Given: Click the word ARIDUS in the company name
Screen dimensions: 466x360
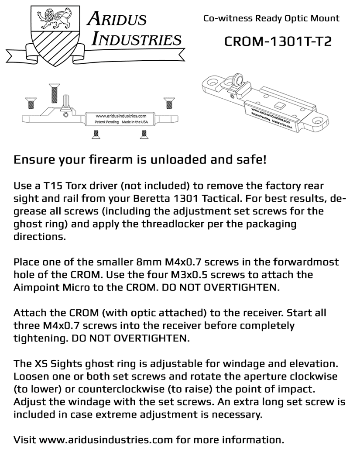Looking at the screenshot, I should coord(117,18).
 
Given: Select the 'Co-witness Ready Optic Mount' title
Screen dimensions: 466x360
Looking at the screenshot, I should coord(271,18).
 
